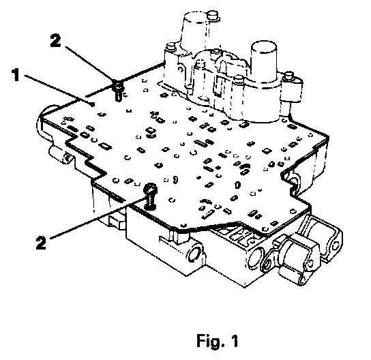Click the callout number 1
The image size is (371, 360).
pos(16,75)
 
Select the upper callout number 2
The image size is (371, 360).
pos(56,40)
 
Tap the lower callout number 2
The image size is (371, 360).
pos(41,242)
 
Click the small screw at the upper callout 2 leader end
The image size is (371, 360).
pos(119,91)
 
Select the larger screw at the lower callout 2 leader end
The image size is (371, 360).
pos(151,197)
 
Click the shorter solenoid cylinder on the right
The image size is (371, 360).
pos(263,61)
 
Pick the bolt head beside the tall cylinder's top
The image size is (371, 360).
pos(212,16)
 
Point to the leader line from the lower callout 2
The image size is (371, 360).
pos(98,218)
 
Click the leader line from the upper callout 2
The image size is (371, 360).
pos(89,63)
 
